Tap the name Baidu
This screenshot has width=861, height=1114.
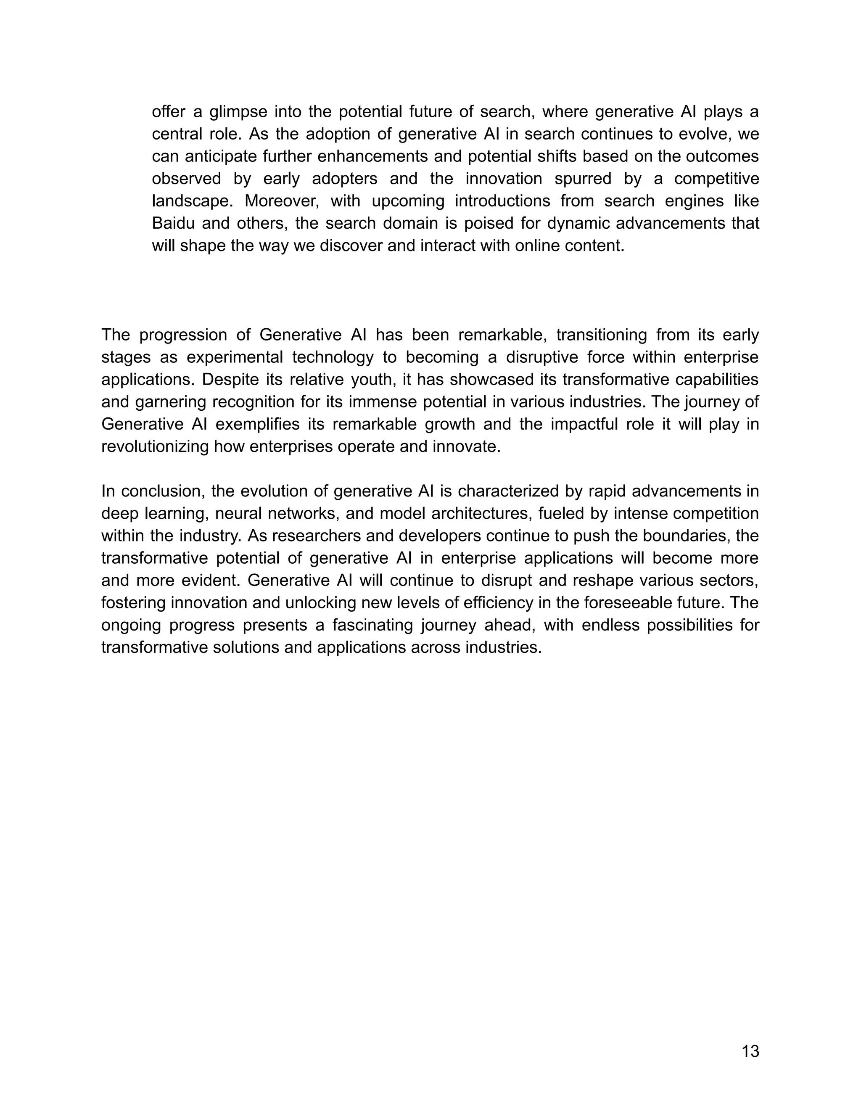[x=172, y=223]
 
